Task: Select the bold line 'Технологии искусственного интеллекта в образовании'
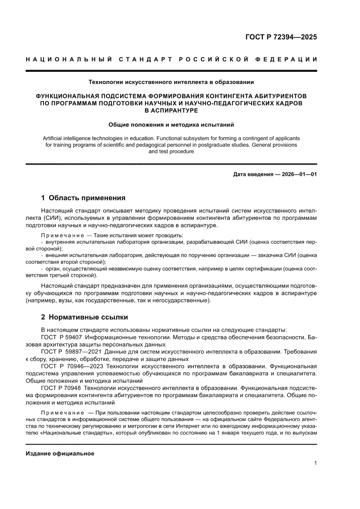coord(171,81)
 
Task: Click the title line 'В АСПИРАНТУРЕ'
coord(171,110)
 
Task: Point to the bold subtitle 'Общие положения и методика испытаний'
coord(171,125)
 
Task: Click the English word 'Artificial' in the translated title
coord(55,138)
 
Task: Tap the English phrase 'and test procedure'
coord(171,152)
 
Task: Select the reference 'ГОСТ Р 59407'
coord(61,337)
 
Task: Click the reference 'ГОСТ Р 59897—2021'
coord(71,351)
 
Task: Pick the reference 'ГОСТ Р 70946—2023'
coord(71,366)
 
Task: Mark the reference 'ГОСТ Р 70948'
coord(61,387)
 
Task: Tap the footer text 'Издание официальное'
coord(60,454)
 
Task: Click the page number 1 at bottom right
coord(315,463)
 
